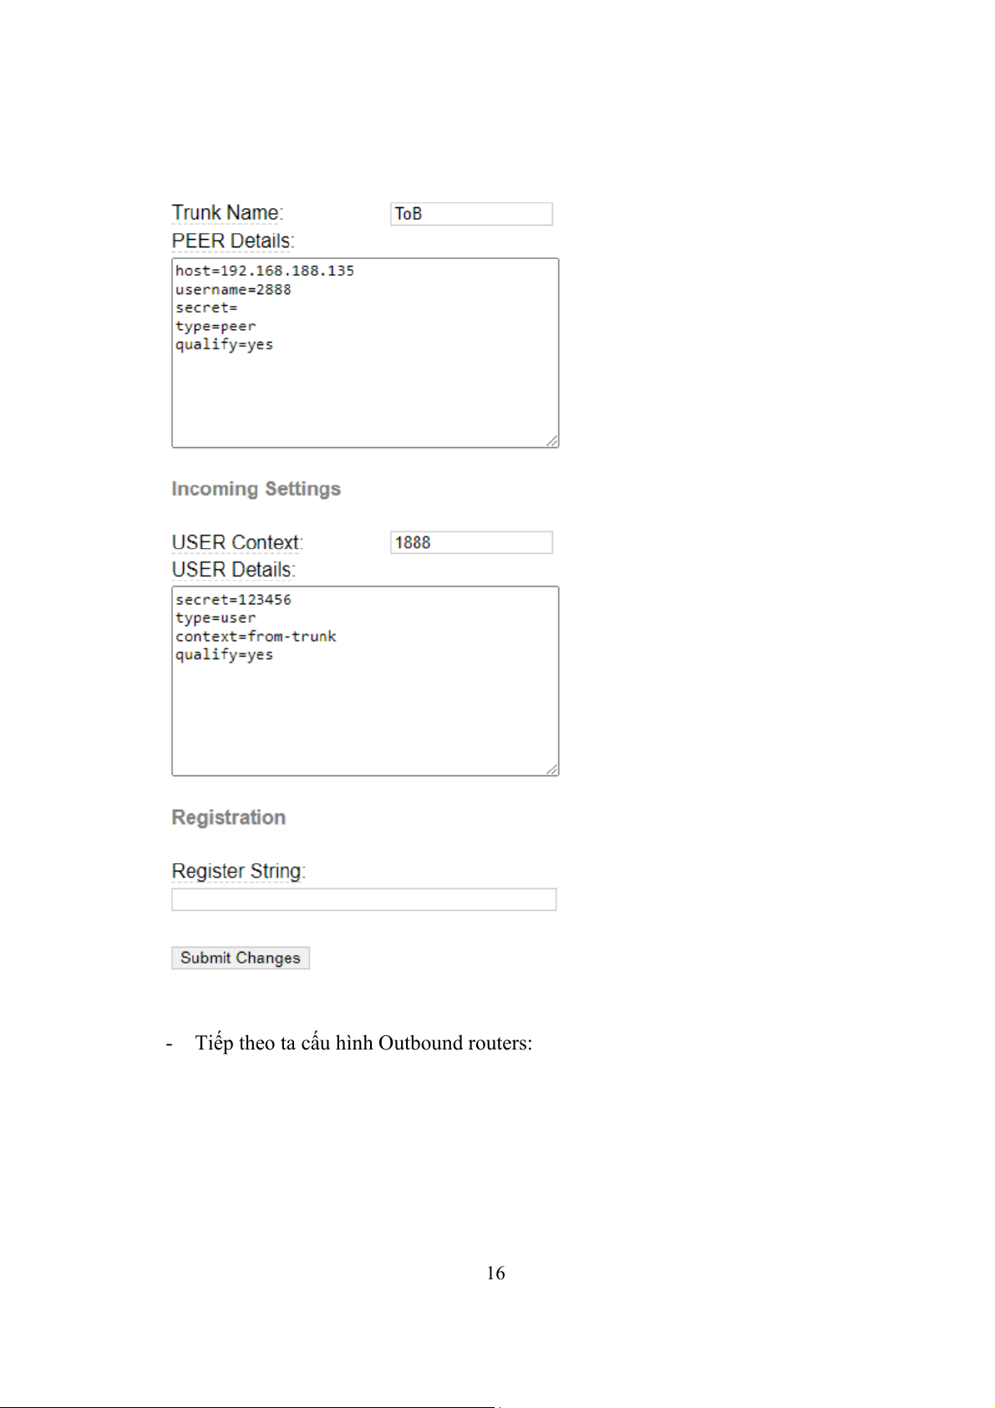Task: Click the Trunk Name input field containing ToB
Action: click(470, 214)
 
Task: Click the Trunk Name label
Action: click(227, 213)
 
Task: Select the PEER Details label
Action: click(232, 241)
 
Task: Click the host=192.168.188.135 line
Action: click(264, 271)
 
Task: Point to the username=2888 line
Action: click(233, 290)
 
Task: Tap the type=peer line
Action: click(216, 327)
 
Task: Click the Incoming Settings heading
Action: click(256, 489)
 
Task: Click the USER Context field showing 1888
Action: click(470, 542)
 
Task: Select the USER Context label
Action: click(236, 542)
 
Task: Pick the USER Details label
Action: click(233, 570)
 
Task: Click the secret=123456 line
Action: click(233, 600)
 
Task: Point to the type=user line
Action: click(216, 618)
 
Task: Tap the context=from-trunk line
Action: click(256, 637)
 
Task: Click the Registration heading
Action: click(228, 817)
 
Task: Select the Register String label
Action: click(238, 872)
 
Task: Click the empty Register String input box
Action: click(363, 899)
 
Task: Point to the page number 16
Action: click(495, 1273)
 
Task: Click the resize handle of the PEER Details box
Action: click(552, 441)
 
